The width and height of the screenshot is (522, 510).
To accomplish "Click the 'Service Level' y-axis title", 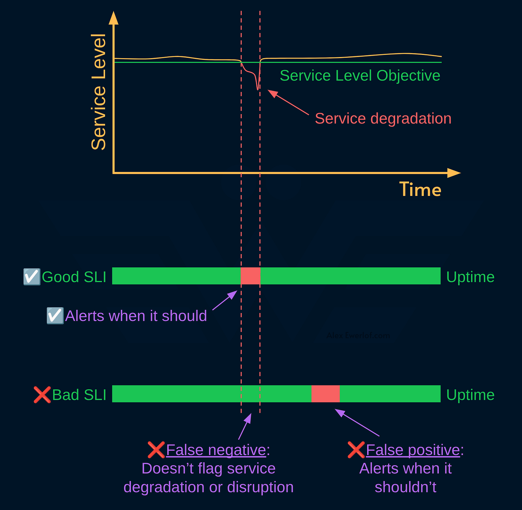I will tap(99, 92).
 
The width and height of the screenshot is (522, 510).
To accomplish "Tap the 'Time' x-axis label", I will tap(420, 189).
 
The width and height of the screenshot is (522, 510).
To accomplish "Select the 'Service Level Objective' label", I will tap(360, 76).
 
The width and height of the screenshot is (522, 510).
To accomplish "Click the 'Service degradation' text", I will tap(383, 118).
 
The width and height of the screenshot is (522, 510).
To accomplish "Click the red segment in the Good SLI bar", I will tap(251, 276).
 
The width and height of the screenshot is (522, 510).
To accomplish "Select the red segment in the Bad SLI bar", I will tap(326, 394).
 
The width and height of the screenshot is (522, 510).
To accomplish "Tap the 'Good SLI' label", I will tap(74, 277).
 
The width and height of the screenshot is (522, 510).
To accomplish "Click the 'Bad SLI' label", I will tap(79, 395).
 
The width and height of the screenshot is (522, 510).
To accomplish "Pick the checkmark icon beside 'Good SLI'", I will tap(32, 277).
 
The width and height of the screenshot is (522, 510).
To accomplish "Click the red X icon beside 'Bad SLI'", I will tap(42, 395).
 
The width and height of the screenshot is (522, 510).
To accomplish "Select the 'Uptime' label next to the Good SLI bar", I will tap(470, 277).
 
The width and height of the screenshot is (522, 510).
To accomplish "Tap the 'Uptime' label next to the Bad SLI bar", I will tap(470, 395).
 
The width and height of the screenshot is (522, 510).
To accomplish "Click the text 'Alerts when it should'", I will tap(136, 316).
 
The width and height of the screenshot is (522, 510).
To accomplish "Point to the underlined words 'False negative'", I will tap(216, 450).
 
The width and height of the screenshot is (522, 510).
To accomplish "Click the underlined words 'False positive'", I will tap(413, 450).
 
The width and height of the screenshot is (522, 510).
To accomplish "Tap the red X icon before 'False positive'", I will tap(356, 450).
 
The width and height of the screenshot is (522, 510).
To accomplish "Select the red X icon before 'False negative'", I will tap(156, 450).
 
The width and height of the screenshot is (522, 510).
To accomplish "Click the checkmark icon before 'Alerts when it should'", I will tap(55, 316).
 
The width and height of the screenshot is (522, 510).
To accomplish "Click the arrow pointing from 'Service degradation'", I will tap(288, 102).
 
